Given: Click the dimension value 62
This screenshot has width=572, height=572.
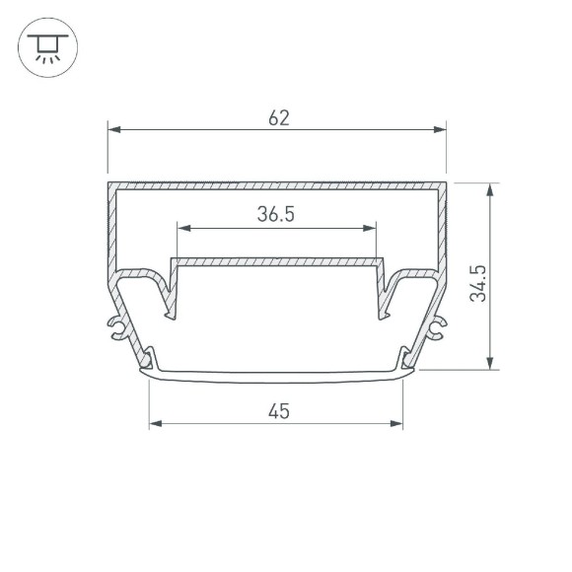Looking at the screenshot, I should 278,118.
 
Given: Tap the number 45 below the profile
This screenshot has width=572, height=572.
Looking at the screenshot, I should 278,412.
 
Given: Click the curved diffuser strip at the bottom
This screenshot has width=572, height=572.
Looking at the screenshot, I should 276,376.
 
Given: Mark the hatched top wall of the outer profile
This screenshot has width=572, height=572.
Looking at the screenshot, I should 277,185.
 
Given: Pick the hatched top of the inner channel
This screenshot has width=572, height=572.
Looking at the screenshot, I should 277,261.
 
